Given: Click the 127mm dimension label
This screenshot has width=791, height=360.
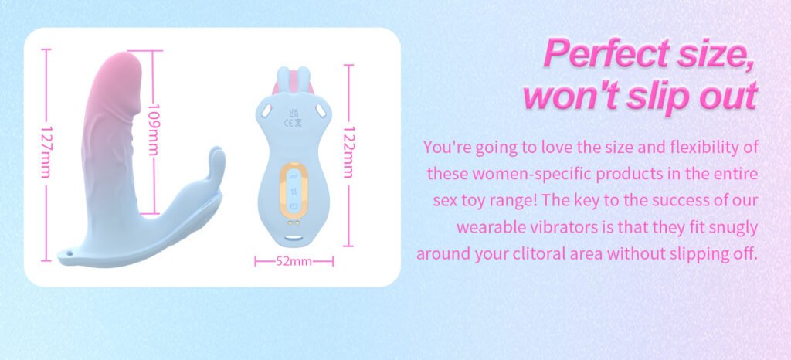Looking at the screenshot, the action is tap(46, 151).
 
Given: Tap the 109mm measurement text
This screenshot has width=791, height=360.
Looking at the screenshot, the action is tap(154, 130).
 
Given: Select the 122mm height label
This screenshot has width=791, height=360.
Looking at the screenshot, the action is tap(348, 151).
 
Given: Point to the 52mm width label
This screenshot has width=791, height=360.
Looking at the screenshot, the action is tap(294, 261).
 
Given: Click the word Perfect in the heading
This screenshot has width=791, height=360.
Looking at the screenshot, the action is tap(607, 53).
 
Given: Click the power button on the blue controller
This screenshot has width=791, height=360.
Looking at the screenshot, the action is tap(294, 206).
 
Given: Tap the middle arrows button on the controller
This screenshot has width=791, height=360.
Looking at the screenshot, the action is tap(294, 191).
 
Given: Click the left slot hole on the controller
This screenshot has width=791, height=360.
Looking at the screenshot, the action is tap(266, 108).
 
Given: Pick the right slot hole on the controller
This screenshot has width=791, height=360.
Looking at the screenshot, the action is tap(321, 108).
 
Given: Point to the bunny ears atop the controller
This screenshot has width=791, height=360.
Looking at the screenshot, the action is tap(294, 79).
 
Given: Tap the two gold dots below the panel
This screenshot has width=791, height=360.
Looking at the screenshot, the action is tap(294, 222).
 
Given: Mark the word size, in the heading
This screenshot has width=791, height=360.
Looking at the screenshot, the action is tap(715, 53).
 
